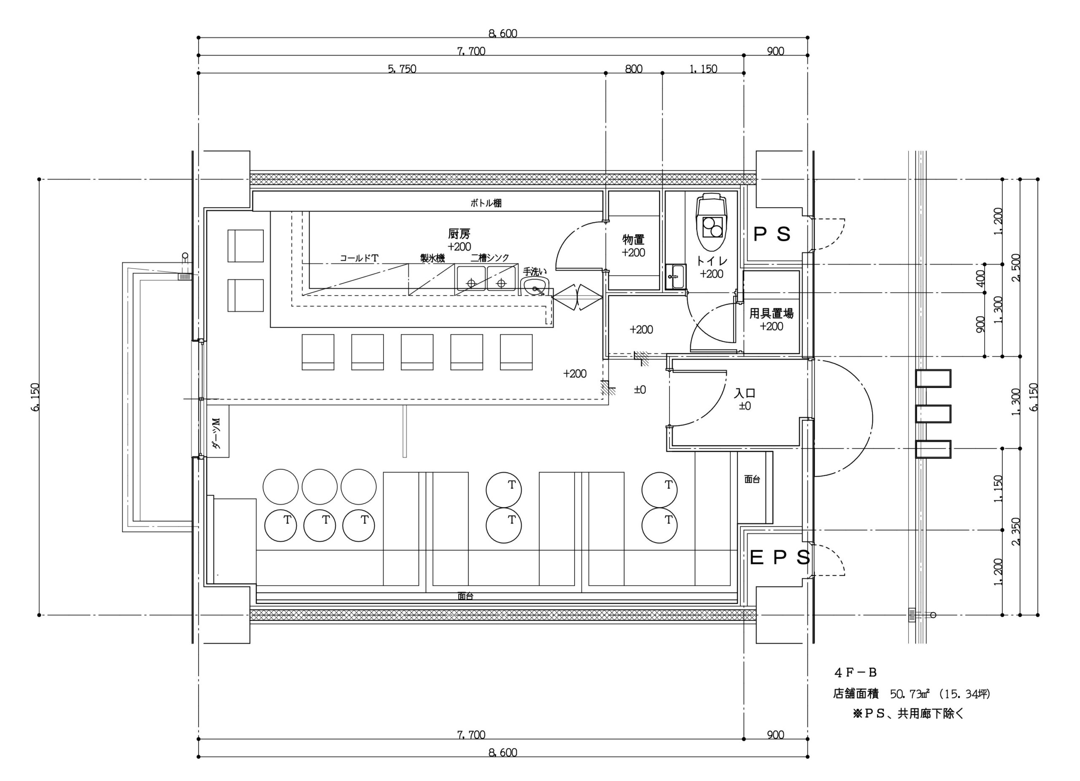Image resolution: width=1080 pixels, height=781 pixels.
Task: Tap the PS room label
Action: pyautogui.click(x=772, y=234)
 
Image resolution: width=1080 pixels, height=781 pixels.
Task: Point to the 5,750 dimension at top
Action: pyautogui.click(x=402, y=69)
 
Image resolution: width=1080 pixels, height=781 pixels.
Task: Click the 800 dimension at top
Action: pyautogui.click(x=634, y=69)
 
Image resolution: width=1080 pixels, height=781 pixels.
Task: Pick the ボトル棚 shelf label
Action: pyautogui.click(x=486, y=203)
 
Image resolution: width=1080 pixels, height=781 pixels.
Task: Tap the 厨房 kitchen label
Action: pyautogui.click(x=459, y=234)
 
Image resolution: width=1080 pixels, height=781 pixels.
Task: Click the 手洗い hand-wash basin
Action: pyautogui.click(x=535, y=286)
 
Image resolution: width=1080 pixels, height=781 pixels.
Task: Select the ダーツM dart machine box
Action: pyautogui.click(x=218, y=431)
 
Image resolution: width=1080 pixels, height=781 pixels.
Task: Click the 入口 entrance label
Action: pyautogui.click(x=745, y=393)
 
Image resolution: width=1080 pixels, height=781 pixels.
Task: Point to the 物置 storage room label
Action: pyautogui.click(x=633, y=240)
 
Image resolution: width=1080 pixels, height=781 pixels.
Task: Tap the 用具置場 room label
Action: pyautogui.click(x=772, y=314)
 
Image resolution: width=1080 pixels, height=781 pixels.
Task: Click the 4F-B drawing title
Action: pyautogui.click(x=855, y=673)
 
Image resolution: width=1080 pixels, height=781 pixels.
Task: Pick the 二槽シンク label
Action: pyautogui.click(x=490, y=258)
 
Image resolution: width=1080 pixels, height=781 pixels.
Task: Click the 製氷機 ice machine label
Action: pyautogui.click(x=432, y=258)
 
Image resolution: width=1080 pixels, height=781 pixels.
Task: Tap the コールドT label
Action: pyautogui.click(x=359, y=258)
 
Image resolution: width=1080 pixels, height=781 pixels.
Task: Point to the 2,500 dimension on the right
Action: pyautogui.click(x=1016, y=267)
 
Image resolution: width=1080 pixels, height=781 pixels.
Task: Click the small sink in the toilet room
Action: pyautogui.click(x=676, y=277)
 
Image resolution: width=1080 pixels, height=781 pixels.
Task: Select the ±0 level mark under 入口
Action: pyautogui.click(x=745, y=406)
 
